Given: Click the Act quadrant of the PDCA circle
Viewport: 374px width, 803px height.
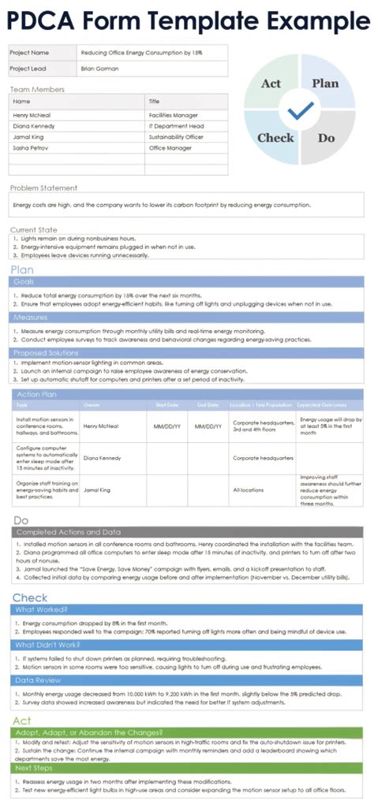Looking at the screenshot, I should click(x=271, y=84).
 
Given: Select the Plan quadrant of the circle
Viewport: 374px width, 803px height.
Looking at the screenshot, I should click(x=324, y=84).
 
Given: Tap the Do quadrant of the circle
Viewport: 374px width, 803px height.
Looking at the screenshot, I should click(x=326, y=138).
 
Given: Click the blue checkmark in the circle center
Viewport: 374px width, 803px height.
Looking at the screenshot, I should click(x=300, y=110).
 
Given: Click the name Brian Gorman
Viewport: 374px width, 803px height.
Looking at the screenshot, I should click(x=99, y=69).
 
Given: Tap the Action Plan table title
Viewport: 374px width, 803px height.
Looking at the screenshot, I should click(x=36, y=394).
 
